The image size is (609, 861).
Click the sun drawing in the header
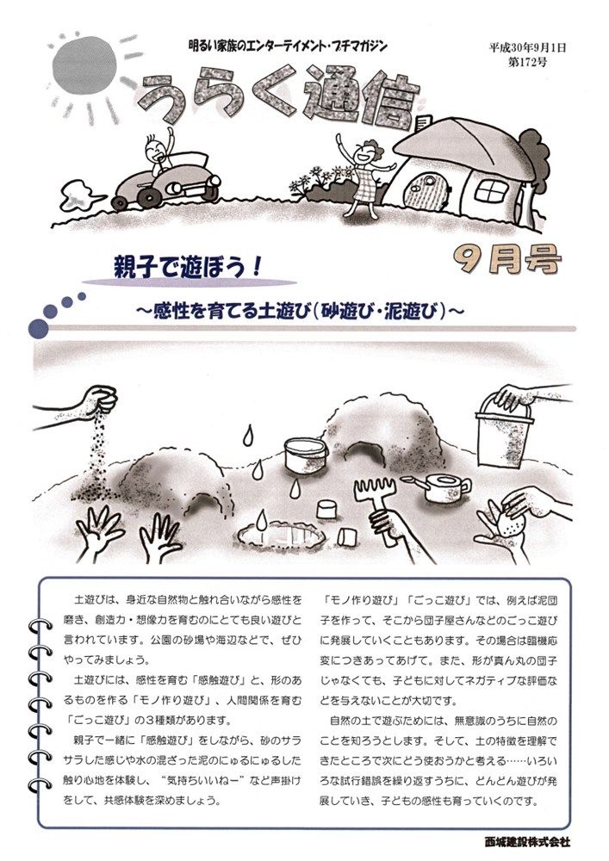click(84, 66)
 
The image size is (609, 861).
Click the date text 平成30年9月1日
click(527, 47)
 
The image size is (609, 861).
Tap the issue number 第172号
click(527, 61)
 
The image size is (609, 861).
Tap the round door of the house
click(425, 190)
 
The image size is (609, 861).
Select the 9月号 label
click(506, 259)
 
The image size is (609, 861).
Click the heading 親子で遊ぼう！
click(185, 268)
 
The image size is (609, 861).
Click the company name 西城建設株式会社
click(527, 841)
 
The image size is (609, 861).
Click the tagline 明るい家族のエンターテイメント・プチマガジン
click(287, 46)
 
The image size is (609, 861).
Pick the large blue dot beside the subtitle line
click(39, 328)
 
